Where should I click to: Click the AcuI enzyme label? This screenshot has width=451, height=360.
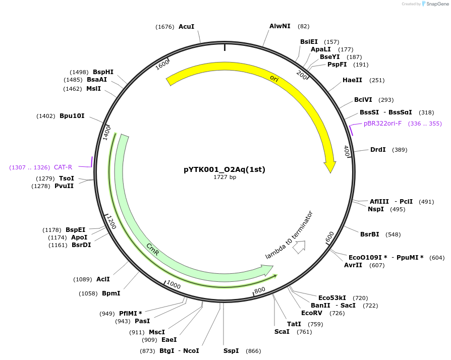pyautogui.click(x=186, y=27)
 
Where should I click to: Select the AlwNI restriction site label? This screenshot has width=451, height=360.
pyautogui.click(x=279, y=26)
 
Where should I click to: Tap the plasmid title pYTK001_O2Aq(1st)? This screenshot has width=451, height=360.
pyautogui.click(x=224, y=169)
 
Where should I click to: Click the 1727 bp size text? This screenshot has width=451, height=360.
pyautogui.click(x=224, y=177)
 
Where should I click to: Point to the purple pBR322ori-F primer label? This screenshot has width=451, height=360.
pyautogui.click(x=383, y=124)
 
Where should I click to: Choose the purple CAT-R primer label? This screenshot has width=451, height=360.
pyautogui.click(x=63, y=167)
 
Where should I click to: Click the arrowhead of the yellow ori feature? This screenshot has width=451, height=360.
pyautogui.click(x=330, y=167)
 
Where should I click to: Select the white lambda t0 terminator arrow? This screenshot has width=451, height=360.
pyautogui.click(x=299, y=247)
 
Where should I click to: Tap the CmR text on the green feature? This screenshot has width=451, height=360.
pyautogui.click(x=153, y=249)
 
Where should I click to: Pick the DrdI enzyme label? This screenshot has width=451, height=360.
pyautogui.click(x=378, y=150)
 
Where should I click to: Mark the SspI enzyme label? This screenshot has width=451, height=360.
pyautogui.click(x=231, y=351)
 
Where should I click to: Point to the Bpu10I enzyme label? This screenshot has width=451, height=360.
pyautogui.click(x=72, y=116)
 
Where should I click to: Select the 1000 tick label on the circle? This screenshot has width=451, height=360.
pyautogui.click(x=173, y=285)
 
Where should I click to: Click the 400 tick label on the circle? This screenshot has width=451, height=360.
pyautogui.click(x=347, y=151)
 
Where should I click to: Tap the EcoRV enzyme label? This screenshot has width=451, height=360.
pyautogui.click(x=312, y=313)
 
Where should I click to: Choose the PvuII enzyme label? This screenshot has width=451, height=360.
pyautogui.click(x=64, y=186)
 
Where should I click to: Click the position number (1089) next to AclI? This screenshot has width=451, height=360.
pyautogui.click(x=83, y=279)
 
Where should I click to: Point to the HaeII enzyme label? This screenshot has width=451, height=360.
pyautogui.click(x=352, y=80)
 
